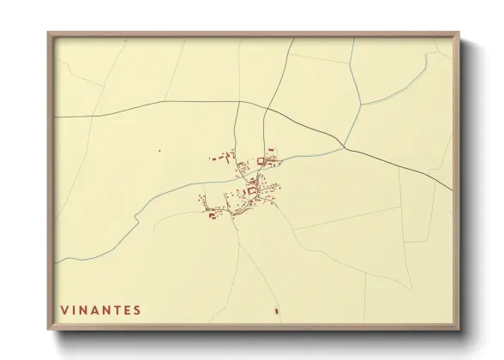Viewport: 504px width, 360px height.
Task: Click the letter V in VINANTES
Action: [x=64, y=309]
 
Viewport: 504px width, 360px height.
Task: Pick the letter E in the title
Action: [x=126, y=309]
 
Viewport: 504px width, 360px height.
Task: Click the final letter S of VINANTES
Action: [x=138, y=309]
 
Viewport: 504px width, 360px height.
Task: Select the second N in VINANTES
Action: [x=107, y=309]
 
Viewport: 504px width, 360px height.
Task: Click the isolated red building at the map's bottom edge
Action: [x=276, y=310]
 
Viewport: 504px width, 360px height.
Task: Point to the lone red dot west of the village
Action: [x=159, y=151]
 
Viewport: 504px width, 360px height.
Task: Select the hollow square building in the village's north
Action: [x=262, y=160]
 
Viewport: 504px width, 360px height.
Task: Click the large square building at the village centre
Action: [x=253, y=191]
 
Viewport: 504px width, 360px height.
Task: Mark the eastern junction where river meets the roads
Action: [x=344, y=147]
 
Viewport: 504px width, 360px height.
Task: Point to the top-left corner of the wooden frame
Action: [x=49, y=33]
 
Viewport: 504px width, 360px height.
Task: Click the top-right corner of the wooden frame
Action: [x=459, y=33]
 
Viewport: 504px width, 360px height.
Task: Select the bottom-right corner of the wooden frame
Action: [x=459, y=330]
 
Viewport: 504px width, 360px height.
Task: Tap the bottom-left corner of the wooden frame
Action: [x=49, y=330]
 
